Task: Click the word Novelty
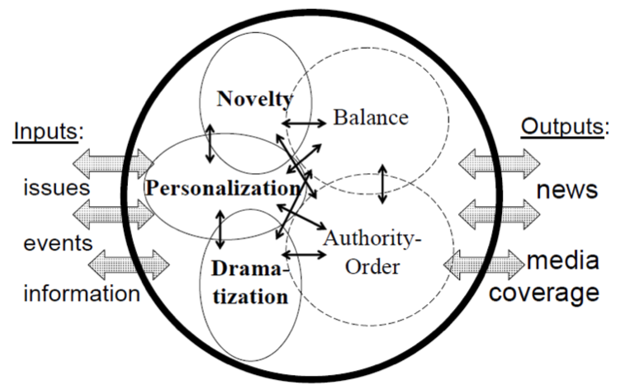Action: [254, 101]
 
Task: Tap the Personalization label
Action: [222, 189]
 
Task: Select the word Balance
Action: [371, 117]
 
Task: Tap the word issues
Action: [56, 188]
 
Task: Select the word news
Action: [566, 190]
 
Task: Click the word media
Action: [563, 262]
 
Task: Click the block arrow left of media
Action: [484, 265]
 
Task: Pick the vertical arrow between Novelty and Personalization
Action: [211, 143]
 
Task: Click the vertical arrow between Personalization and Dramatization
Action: [220, 228]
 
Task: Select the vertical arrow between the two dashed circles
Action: [381, 184]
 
